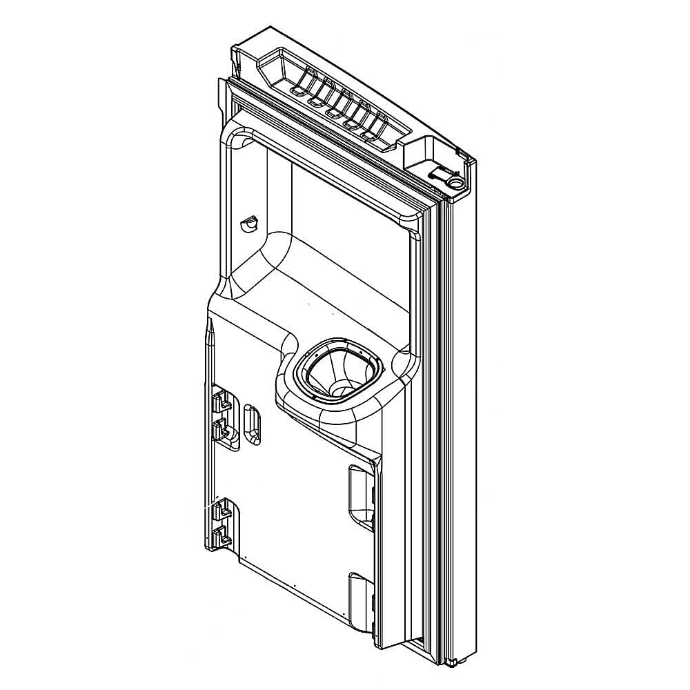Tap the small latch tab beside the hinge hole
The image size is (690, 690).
(x=438, y=173)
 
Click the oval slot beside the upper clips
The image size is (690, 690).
(x=252, y=421)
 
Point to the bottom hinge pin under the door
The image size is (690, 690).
(x=451, y=664)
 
